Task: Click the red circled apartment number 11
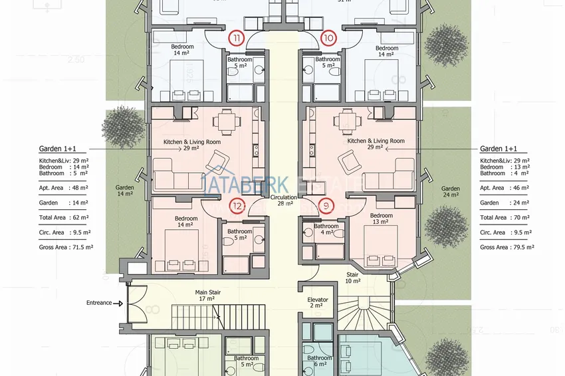coord(238,38)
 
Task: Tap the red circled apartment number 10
coord(328,38)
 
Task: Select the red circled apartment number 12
coord(238,206)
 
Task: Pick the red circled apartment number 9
coord(326,206)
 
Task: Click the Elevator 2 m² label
coord(318,302)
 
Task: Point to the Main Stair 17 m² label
coord(208,295)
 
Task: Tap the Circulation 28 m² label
coord(283,201)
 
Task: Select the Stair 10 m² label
coord(352,277)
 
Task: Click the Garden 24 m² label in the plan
coord(450,192)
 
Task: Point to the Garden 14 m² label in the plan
coord(124,191)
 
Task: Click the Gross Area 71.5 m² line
coord(65,247)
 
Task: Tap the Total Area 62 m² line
coord(64,217)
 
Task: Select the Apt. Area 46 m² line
coord(505,188)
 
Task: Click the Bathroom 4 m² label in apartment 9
coord(326,229)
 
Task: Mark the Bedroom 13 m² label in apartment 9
coord(382,219)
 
